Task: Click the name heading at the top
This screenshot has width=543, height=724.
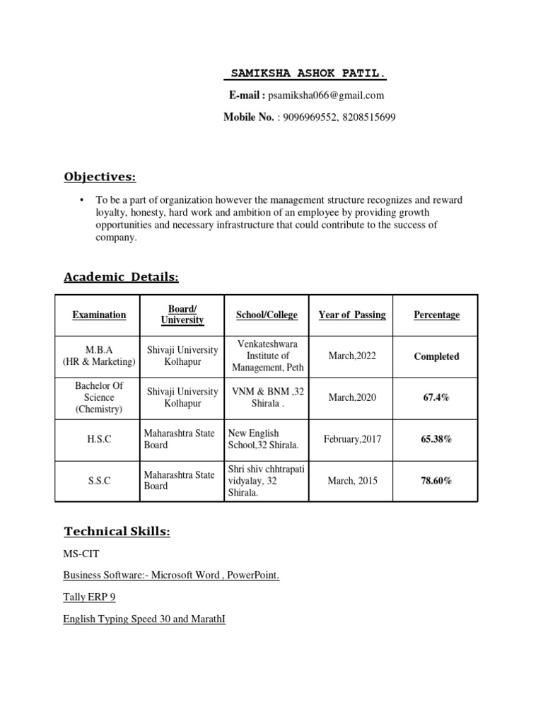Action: tap(310, 74)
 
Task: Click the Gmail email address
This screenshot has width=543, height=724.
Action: tap(326, 95)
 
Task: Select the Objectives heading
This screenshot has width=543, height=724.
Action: tap(100, 176)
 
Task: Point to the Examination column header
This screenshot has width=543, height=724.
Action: tap(99, 315)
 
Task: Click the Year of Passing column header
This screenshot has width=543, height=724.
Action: tap(352, 315)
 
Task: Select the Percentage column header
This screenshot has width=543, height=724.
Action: tap(436, 315)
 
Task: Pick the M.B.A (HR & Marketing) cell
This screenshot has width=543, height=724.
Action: tap(99, 356)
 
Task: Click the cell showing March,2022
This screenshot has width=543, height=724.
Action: tap(352, 356)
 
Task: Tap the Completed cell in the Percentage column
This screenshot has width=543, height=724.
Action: tap(436, 356)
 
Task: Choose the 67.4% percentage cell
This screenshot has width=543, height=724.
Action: tap(436, 397)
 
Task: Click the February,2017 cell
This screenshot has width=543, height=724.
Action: tap(352, 439)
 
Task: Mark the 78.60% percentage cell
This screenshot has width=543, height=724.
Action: tap(436, 481)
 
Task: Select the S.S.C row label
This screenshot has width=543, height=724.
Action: tap(99, 481)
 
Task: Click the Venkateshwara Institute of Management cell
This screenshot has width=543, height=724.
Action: tap(267, 356)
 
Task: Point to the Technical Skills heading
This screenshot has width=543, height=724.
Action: tap(117, 531)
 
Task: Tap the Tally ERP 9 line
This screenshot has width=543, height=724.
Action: tap(89, 597)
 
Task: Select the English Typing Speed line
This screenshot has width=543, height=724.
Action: tap(144, 619)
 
